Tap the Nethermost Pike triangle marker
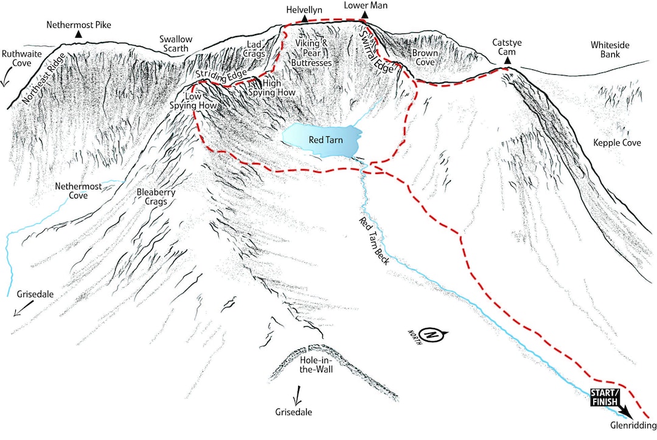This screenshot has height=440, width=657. [78, 35]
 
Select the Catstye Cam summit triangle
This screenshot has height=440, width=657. [507, 61]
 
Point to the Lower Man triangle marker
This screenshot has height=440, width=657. [364, 15]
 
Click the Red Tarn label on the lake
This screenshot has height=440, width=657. [325, 140]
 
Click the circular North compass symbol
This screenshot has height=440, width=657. [432, 335]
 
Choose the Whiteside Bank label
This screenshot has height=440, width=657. [610, 50]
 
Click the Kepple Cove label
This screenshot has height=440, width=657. [614, 144]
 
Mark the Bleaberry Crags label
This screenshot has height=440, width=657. [156, 197]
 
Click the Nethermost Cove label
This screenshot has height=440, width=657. [72, 191]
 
